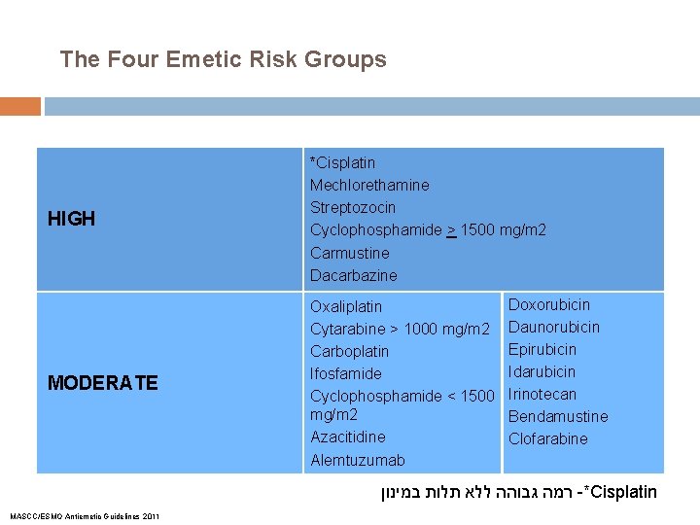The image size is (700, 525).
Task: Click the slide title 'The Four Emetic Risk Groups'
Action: click(x=223, y=59)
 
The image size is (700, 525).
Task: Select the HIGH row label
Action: click(x=72, y=219)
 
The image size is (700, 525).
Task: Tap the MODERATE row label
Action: click(x=102, y=383)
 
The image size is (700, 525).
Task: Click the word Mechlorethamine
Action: click(x=369, y=185)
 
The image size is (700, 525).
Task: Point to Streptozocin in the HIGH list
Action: click(x=353, y=207)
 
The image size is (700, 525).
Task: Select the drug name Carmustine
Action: click(x=349, y=253)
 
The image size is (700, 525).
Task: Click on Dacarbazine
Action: click(x=354, y=275)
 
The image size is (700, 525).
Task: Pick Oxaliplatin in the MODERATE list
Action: click(x=346, y=306)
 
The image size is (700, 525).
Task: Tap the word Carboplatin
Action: click(x=349, y=351)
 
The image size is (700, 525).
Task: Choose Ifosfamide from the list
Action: click(x=345, y=373)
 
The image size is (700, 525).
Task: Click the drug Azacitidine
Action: click(x=347, y=437)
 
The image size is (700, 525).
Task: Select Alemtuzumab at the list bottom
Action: click(x=357, y=460)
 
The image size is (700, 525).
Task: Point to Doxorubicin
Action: click(x=549, y=304)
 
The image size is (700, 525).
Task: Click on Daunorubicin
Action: click(x=554, y=327)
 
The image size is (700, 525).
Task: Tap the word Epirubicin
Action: click(x=542, y=349)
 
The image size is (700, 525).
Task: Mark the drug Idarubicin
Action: click(x=542, y=371)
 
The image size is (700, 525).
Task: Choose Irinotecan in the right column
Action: click(x=542, y=394)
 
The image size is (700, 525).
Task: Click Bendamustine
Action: click(x=558, y=416)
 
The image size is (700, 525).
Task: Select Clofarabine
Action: click(x=548, y=438)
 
